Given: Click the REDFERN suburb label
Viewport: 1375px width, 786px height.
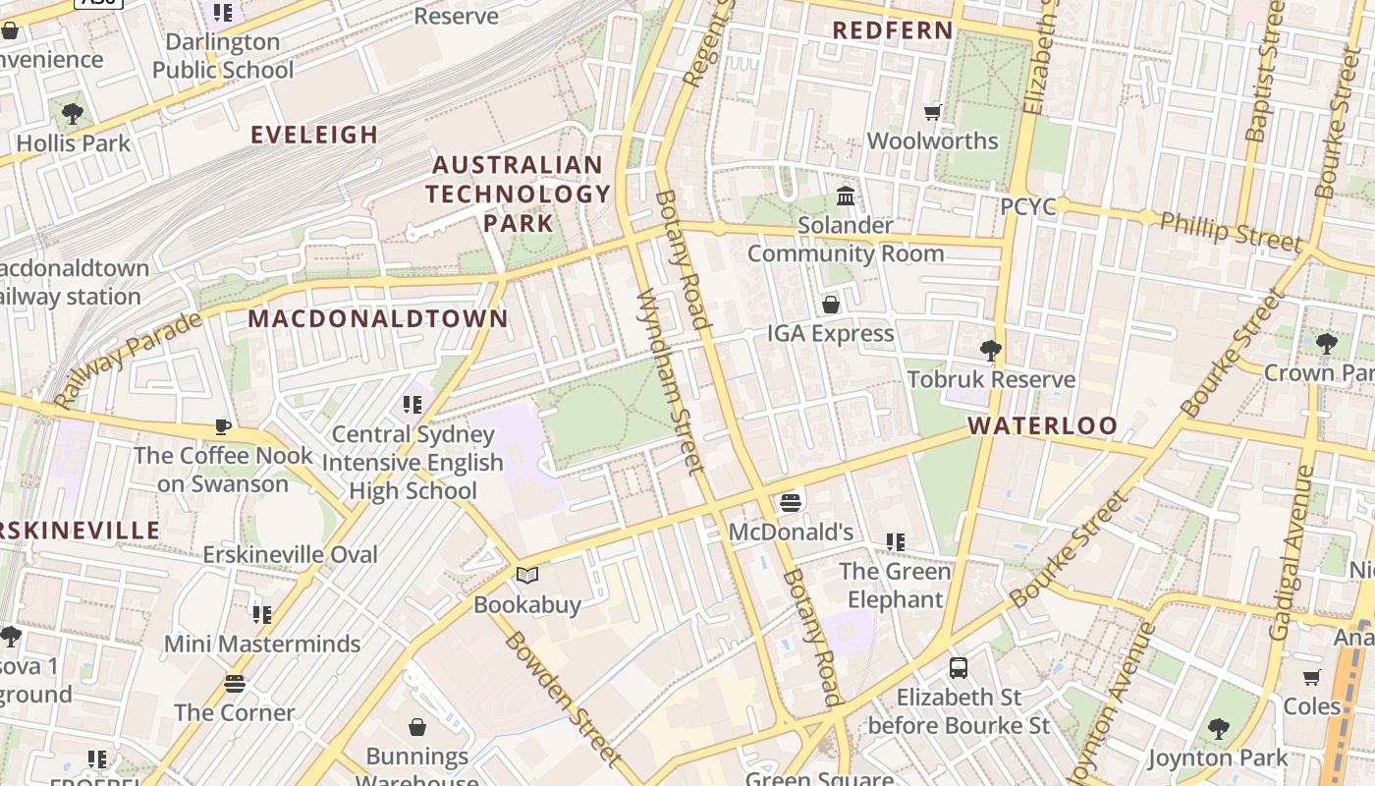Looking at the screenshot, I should tap(893, 30).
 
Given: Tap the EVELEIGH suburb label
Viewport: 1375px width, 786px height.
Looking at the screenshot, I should tap(314, 135).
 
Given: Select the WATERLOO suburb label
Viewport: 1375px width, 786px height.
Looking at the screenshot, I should tap(1042, 425).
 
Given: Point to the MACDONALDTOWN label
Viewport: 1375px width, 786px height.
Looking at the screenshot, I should tap(378, 318).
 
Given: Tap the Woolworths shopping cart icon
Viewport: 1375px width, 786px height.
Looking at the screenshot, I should tap(932, 113).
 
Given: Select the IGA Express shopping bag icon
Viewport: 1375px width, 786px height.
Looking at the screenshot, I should tap(831, 305).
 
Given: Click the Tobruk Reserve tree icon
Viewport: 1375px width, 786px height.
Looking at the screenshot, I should tap(990, 350).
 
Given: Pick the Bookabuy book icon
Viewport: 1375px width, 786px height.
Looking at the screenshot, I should tap(527, 576).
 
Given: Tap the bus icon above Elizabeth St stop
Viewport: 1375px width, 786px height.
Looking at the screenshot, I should tap(959, 668).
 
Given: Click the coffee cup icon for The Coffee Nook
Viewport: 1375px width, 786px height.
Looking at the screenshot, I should tap(223, 426).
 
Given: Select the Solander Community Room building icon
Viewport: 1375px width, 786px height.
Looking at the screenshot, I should tap(845, 196).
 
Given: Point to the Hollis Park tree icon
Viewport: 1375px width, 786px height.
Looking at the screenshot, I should tap(72, 114).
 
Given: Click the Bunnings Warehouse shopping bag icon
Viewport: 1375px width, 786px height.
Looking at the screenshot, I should tap(417, 727).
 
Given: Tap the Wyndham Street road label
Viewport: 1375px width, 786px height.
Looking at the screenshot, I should tap(670, 381).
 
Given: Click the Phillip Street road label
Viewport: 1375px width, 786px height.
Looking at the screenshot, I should tap(1231, 231).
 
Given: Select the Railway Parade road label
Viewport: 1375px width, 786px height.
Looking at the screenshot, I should tap(128, 360).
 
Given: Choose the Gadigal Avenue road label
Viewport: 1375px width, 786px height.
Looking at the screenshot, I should tap(1292, 552).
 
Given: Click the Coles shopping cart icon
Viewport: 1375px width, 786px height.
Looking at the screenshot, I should tap(1311, 677).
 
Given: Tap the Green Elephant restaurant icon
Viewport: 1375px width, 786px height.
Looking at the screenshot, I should tap(895, 541).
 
